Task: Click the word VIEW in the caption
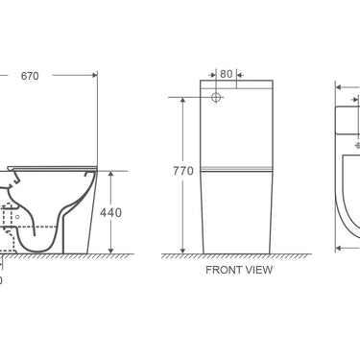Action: point(257,270)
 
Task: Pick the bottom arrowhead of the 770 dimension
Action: point(180,252)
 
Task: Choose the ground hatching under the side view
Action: point(58,257)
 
